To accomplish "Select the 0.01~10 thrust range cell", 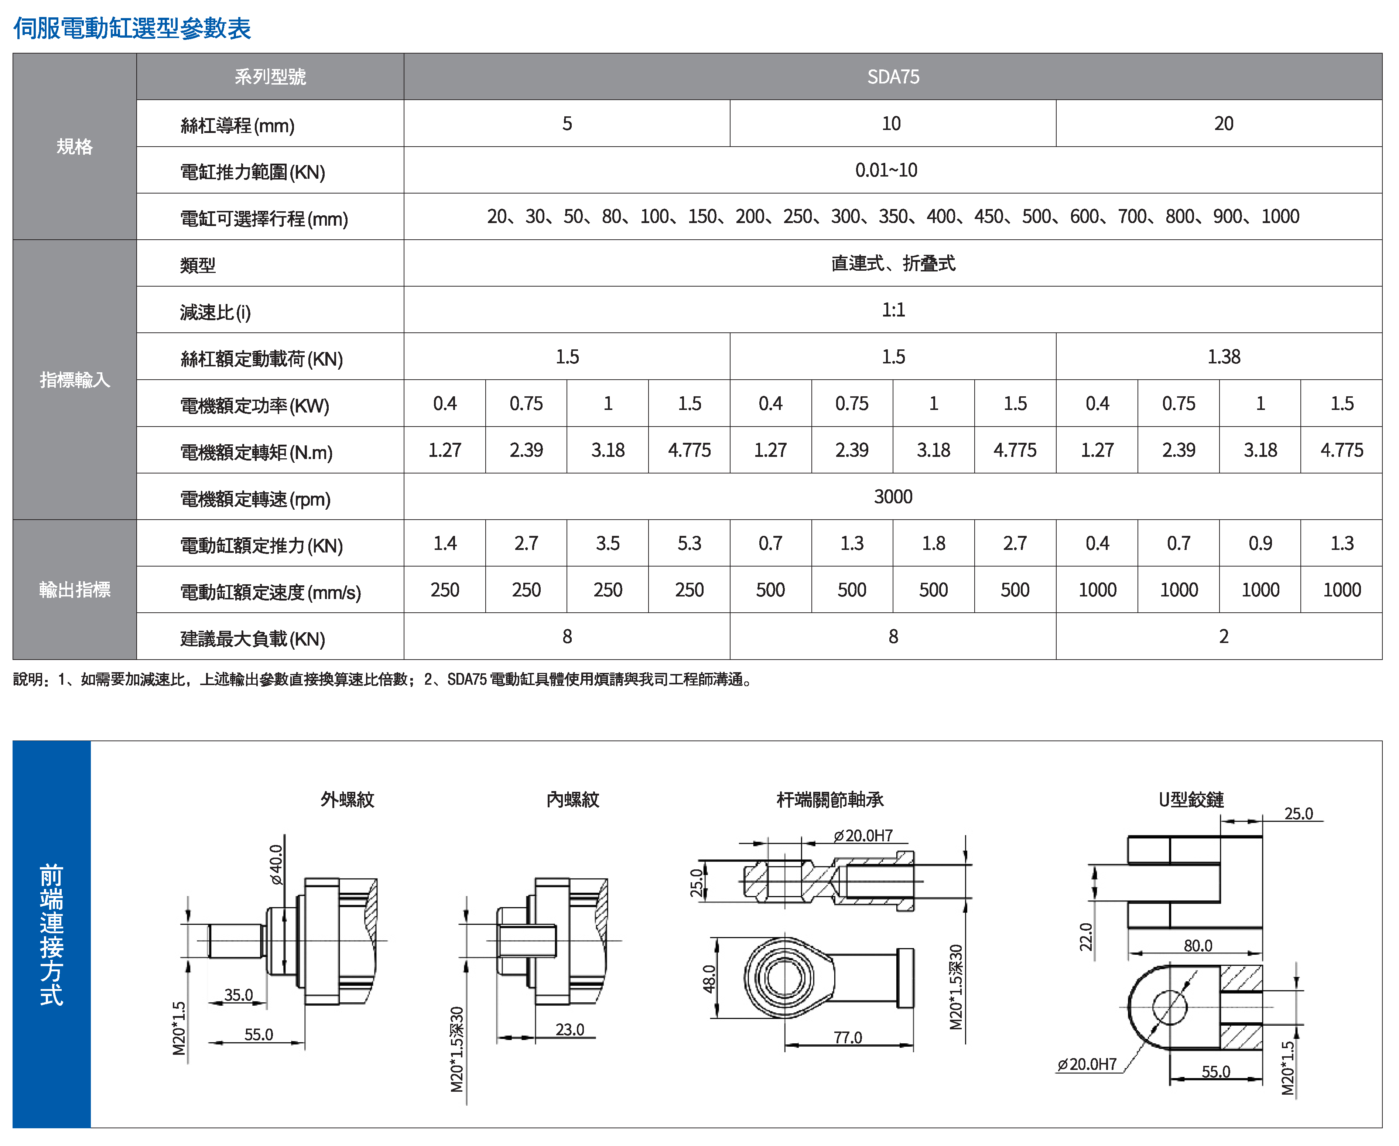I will pyautogui.click(x=886, y=170).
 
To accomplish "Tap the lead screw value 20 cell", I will pyautogui.click(x=1223, y=123).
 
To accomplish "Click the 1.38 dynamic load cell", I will pyautogui.click(x=1223, y=356).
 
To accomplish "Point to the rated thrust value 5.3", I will pyautogui.click(x=689, y=543).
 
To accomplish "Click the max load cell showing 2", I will pyautogui.click(x=1223, y=636).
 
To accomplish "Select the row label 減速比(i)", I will pyautogui.click(x=215, y=312).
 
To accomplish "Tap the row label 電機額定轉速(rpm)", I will pyautogui.click(x=255, y=499).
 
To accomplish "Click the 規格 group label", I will pyautogui.click(x=75, y=147).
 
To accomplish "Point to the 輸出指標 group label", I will pyautogui.click(x=75, y=589).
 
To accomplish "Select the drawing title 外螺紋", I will pyautogui.click(x=347, y=800).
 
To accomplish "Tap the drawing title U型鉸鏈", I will pyautogui.click(x=1191, y=800).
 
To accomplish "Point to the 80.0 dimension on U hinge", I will pyautogui.click(x=1198, y=945).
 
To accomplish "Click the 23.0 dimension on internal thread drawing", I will pyautogui.click(x=570, y=1029).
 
